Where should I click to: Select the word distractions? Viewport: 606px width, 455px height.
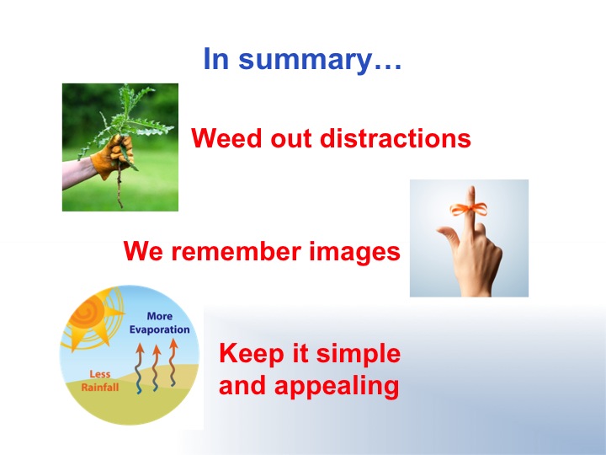coord(396,137)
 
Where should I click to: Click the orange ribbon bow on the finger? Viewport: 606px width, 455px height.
coord(469,209)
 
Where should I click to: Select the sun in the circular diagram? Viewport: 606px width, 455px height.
coord(90,318)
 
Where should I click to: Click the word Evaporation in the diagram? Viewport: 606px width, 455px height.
coord(159,329)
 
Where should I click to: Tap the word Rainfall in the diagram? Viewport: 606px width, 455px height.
coord(99,388)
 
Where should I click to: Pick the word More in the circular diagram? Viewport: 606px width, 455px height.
coord(159,316)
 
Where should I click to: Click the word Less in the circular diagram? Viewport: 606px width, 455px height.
coord(99,374)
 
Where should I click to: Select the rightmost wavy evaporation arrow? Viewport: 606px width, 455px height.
coord(173,362)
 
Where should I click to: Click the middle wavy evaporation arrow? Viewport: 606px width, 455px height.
coord(157,367)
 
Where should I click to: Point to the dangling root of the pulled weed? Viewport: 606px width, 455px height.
coord(120,185)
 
